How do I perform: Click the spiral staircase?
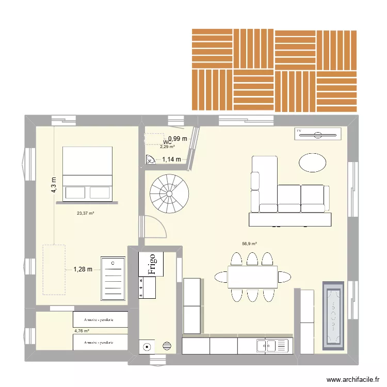(169, 194)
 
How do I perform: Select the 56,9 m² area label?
(249, 244)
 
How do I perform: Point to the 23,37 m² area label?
(85, 213)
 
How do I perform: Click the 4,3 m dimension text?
(53, 184)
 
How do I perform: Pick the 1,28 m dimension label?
(83, 269)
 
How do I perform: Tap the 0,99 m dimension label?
(178, 138)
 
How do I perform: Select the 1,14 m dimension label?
(172, 159)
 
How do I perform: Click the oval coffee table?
(312, 163)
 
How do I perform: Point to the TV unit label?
(299, 132)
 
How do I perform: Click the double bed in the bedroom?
(87, 173)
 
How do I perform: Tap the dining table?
(252, 277)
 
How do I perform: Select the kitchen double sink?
(270, 345)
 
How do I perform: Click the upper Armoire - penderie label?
(100, 320)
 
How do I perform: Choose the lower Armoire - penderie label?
(100, 342)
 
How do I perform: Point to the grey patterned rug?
(333, 314)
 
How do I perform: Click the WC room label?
(167, 142)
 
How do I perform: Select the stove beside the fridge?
(147, 287)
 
